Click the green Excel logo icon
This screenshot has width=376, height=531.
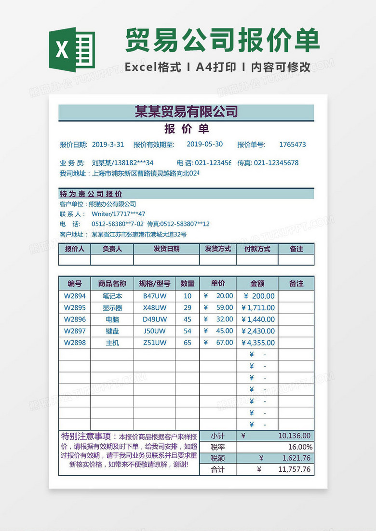(x=72, y=50)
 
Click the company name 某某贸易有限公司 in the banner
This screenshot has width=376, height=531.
(x=187, y=112)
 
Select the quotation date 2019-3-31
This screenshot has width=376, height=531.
(x=107, y=145)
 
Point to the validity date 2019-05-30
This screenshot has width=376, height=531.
(x=204, y=144)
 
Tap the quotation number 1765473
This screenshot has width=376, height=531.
(x=292, y=145)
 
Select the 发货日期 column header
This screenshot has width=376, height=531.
(x=166, y=249)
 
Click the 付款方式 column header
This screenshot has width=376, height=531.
(x=257, y=249)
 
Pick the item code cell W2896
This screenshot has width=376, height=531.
(x=75, y=319)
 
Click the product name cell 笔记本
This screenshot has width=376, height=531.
(x=112, y=296)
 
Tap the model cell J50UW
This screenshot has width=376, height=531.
(x=155, y=331)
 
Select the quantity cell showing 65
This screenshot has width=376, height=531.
(x=188, y=343)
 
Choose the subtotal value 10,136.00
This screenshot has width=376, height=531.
(x=295, y=436)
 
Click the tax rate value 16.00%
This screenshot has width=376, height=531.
(x=300, y=447)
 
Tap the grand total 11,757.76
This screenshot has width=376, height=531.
(x=294, y=469)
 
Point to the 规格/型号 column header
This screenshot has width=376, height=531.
(x=155, y=284)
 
